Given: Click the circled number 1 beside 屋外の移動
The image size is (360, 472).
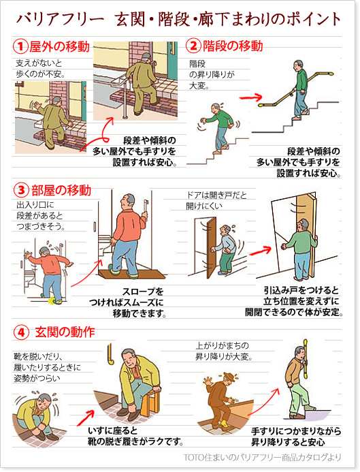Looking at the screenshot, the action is click(x=20, y=46).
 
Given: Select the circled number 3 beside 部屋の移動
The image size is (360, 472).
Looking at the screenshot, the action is click(x=22, y=190).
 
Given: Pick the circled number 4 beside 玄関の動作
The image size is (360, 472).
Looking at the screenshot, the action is click(x=21, y=332).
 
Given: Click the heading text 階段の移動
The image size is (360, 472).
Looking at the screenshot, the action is click(x=233, y=46).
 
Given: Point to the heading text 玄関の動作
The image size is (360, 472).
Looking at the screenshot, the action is click(x=65, y=332).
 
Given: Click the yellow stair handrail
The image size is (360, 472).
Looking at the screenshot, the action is click(x=296, y=89).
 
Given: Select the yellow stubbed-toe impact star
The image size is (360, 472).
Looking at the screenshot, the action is click(x=52, y=300).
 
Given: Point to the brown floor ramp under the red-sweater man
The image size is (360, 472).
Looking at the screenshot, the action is click(x=132, y=274).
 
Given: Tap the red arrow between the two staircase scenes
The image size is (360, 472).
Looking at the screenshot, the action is click(x=250, y=97).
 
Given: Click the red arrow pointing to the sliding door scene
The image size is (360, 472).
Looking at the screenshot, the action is click(x=260, y=251).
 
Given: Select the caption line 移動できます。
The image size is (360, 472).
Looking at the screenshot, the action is click(x=140, y=313).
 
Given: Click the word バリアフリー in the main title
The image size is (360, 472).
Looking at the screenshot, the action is click(x=59, y=19).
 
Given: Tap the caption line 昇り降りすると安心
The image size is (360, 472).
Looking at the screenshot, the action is click(x=288, y=442).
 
